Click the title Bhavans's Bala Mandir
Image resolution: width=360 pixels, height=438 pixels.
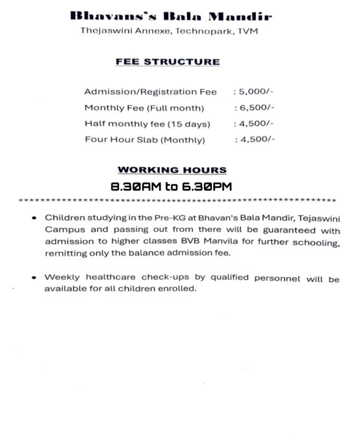171,16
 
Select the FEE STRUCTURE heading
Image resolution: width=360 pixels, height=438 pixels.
168,62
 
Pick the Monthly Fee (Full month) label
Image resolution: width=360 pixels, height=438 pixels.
144,108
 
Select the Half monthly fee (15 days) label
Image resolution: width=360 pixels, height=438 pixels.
148,123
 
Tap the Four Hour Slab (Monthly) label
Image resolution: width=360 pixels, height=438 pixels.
145,139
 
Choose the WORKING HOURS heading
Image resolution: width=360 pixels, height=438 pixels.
172,170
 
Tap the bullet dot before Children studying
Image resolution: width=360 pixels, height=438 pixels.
34,219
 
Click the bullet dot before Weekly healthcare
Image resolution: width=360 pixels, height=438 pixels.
34,277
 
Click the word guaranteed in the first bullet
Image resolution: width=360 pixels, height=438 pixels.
289,231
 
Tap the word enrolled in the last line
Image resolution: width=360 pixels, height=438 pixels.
177,289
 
